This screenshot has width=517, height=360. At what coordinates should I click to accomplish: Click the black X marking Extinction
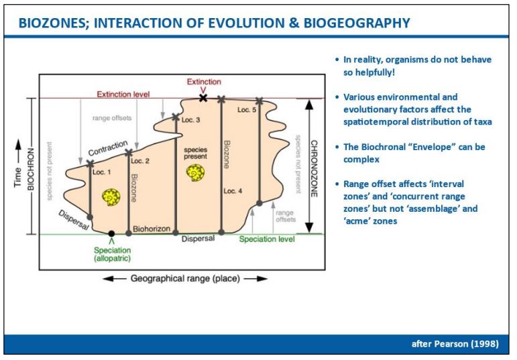click(x=203, y=98)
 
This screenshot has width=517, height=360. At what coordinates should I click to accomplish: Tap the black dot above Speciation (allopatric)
click(x=111, y=234)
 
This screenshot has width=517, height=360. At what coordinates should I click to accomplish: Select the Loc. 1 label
click(x=101, y=172)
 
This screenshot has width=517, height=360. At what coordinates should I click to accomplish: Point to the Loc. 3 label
click(x=190, y=120)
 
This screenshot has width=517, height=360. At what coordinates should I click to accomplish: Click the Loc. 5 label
click(x=247, y=110)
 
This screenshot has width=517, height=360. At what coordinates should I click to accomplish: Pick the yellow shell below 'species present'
click(x=195, y=173)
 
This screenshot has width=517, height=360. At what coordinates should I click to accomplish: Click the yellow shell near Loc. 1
click(x=111, y=197)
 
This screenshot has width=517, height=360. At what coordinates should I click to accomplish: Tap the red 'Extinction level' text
click(x=123, y=95)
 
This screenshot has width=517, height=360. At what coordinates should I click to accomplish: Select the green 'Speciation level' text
click(x=267, y=239)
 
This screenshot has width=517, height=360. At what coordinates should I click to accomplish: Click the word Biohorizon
click(x=152, y=229)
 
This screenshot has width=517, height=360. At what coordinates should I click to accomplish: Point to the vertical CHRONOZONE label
click(x=314, y=168)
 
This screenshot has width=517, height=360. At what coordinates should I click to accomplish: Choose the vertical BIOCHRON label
click(x=31, y=169)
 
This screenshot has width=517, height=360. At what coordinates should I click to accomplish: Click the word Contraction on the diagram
click(x=108, y=148)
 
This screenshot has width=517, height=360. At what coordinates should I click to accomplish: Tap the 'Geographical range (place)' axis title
click(x=185, y=279)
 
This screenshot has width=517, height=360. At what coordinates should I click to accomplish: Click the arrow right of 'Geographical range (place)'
click(x=256, y=279)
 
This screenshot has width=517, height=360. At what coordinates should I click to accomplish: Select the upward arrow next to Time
click(x=19, y=150)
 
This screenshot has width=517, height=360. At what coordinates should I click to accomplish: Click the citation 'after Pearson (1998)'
click(x=455, y=344)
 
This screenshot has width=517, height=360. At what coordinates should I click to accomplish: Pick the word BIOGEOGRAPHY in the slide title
click(x=357, y=23)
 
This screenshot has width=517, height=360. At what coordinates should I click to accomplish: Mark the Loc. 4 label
click(x=233, y=191)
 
